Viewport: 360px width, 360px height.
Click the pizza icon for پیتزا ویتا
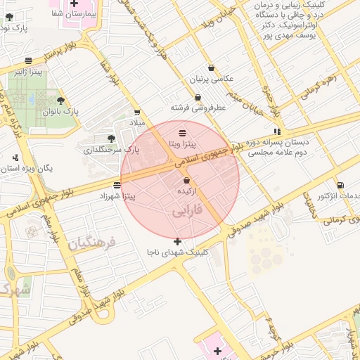coord(183,132)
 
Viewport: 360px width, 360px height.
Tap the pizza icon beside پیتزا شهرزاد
coord(116,186)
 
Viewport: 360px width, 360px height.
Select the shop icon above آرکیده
coord(186,181)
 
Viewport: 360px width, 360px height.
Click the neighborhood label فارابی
coord(187,210)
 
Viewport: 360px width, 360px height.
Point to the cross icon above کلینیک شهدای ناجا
coord(176,241)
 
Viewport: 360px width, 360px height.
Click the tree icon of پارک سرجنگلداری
coord(111,139)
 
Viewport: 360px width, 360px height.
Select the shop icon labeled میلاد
coord(136,112)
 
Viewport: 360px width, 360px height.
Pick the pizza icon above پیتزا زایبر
coord(27,61)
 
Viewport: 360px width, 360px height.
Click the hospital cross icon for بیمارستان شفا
coord(74,4)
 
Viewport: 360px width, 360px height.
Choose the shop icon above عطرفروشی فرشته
coord(198,98)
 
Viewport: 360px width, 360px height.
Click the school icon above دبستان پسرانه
coord(278,131)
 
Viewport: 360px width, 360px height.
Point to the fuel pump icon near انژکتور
coord(340,184)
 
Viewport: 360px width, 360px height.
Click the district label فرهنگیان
coord(91,243)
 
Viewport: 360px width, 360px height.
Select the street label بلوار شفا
coord(110,72)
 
